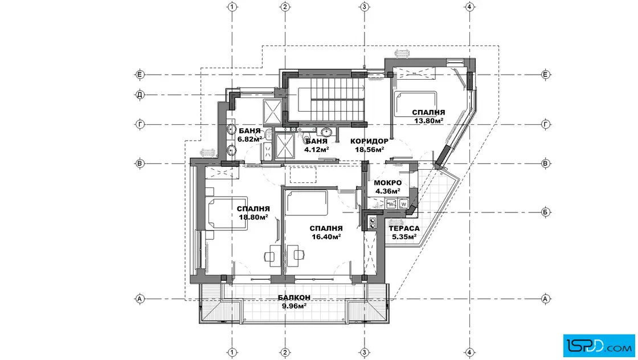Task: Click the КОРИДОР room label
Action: pyautogui.click(x=369, y=142)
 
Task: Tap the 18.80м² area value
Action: pyautogui.click(x=253, y=217)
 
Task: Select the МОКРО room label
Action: pyautogui.click(x=388, y=183)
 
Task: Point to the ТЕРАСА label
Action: pyautogui.click(x=404, y=228)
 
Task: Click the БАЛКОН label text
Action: pyautogui.click(x=294, y=298)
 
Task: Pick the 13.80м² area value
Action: pyautogui.click(x=428, y=121)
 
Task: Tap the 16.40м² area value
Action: pyautogui.click(x=326, y=237)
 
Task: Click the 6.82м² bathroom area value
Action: pyautogui.click(x=250, y=139)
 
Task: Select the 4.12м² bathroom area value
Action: pyautogui.click(x=317, y=149)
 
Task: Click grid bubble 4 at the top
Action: pyautogui.click(x=469, y=6)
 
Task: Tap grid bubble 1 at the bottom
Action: pyautogui.click(x=232, y=352)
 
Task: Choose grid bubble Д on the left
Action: pyautogui.click(x=140, y=95)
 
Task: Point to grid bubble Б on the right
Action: pyautogui.click(x=546, y=212)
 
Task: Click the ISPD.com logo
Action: pyautogui.click(x=599, y=346)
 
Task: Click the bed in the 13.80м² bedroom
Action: pyautogui.click(x=415, y=104)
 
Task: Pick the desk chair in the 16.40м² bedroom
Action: pyautogui.click(x=298, y=255)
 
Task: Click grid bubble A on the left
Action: pyautogui.click(x=140, y=298)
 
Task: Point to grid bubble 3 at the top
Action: pyautogui.click(x=364, y=6)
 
